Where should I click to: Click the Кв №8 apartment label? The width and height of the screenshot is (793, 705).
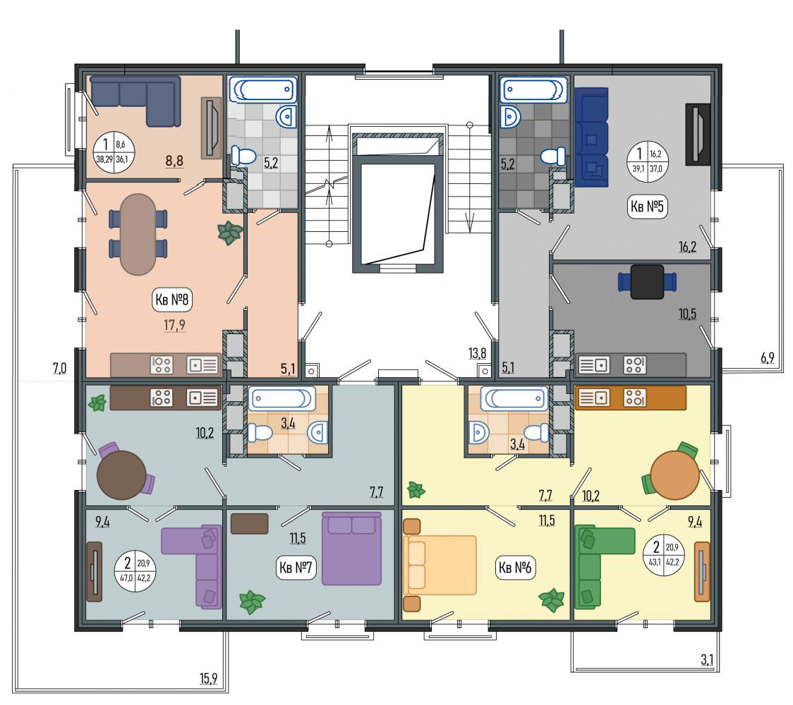coord(172,300)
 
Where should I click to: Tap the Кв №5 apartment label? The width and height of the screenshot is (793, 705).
coord(648,207)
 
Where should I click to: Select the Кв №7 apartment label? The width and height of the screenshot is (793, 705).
coord(296,568)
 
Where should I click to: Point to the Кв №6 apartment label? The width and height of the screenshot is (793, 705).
coord(515,568)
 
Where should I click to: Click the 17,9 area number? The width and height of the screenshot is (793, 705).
coord(174,324)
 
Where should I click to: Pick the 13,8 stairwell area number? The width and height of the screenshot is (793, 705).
coord(477,353)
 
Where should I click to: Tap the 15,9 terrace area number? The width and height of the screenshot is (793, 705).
coord(208,678)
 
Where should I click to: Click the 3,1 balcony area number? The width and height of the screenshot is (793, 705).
coord(707,659)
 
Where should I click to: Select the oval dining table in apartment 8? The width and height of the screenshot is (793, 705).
coord(138,234)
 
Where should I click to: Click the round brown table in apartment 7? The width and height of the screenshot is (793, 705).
coord(121,475)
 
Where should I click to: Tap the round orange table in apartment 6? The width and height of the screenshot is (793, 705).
coord(674,475)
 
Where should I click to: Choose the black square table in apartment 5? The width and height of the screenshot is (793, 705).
coord(648,281)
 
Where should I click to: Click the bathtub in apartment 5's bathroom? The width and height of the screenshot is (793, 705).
coord(533,90)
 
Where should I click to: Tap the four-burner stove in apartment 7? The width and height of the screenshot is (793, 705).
coord(162,398)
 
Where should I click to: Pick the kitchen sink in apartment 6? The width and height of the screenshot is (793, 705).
coord(593,397)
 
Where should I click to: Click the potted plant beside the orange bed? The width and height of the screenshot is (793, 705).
coord(551,601)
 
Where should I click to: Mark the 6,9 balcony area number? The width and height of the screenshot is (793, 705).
coord(767,358)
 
